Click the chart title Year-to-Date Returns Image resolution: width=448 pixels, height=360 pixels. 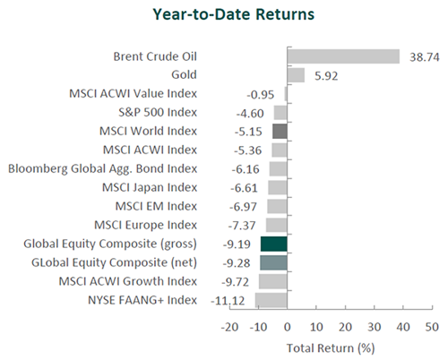point(234,14)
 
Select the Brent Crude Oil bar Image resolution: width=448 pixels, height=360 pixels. point(343,56)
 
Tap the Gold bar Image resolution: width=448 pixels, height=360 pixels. point(296,75)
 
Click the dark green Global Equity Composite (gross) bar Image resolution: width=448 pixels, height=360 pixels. point(274,244)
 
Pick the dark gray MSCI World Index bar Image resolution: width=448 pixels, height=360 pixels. point(280,132)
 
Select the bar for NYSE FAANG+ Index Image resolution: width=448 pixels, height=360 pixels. point(271,300)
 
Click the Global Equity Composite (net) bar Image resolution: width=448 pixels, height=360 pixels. point(273,262)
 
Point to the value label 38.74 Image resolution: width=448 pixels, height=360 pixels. point(425,57)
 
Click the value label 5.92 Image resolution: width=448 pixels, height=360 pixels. point(326,76)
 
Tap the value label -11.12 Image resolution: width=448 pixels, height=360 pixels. point(228,301)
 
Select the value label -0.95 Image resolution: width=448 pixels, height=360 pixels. point(260,95)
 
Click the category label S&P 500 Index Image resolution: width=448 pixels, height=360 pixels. point(158,113)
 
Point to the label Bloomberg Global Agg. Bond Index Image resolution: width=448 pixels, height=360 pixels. point(102,169)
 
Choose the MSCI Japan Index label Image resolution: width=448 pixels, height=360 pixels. point(150,187)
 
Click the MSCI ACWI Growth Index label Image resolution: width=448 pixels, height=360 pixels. point(128,281)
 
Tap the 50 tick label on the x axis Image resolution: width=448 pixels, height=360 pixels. point(432,327)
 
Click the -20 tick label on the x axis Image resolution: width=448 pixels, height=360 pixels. point(229,327)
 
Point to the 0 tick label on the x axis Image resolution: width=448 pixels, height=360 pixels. point(288,327)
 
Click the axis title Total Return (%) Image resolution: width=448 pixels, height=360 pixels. point(331,348)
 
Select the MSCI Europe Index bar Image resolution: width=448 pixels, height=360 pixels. point(277,225)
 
